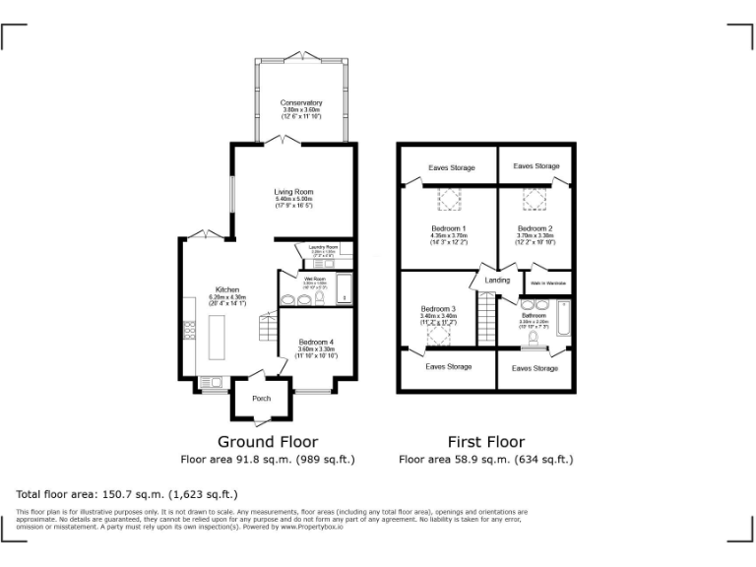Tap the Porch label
(262, 399)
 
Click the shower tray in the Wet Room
(344, 288)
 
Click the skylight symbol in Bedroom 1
(450, 200)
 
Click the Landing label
(498, 281)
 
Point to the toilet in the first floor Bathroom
(533, 340)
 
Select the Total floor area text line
(127, 493)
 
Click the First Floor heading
(485, 442)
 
